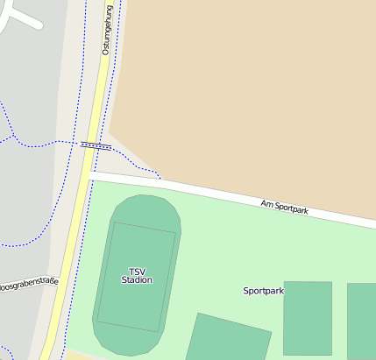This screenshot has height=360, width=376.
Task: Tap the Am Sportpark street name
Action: click(x=285, y=208)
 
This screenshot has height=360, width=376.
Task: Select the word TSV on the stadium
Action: click(x=137, y=271)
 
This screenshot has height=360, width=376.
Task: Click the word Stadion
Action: click(x=137, y=280)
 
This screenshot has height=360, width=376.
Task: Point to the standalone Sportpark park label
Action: click(x=264, y=290)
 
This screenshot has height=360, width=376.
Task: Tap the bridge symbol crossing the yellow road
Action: click(x=96, y=145)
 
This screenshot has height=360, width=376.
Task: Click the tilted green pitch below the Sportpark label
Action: click(x=228, y=338)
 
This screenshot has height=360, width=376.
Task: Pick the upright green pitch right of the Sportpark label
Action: click(x=308, y=316)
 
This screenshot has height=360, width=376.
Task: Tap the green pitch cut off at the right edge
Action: click(x=362, y=320)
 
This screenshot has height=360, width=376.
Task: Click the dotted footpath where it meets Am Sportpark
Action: click(x=161, y=180)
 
